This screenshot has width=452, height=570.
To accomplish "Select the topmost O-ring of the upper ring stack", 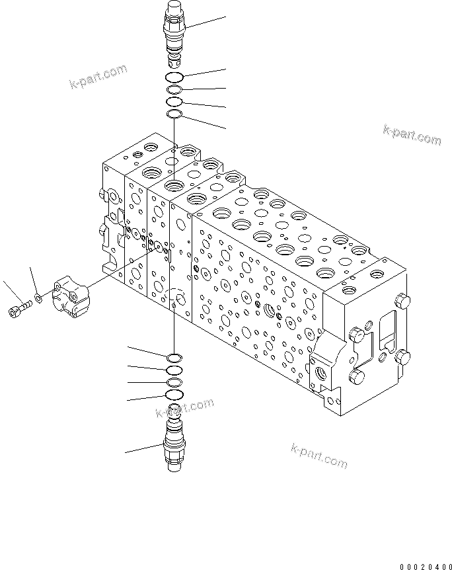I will pos(175,79).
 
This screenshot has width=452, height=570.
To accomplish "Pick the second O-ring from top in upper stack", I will pos(174,91).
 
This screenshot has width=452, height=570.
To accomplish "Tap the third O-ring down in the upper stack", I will pos(174,102).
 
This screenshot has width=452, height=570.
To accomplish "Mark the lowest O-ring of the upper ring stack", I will pos(174,115).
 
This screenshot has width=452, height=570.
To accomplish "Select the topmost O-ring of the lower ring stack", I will pos(174,358).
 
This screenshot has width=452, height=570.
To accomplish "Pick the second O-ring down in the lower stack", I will pos(174,370).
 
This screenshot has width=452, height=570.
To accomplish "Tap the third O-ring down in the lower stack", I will pos(174,383).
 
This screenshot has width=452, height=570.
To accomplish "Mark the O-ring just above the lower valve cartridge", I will pos(174,395).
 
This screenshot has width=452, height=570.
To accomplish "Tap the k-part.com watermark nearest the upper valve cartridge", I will pos(98,76).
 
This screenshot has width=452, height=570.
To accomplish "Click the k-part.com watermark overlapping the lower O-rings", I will pos(185,408).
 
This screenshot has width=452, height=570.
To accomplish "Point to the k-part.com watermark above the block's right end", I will pos(411,135).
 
